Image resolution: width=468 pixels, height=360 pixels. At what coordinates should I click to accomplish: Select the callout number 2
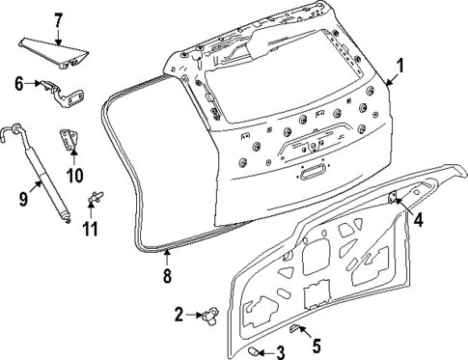tap(179, 313)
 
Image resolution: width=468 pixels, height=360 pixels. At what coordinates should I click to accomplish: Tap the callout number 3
tap(280, 352)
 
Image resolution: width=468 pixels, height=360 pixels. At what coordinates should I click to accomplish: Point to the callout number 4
tap(419, 219)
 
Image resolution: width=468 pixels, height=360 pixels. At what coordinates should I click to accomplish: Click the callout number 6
tap(18, 84)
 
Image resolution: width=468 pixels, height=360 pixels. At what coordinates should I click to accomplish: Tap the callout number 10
tap(69, 175)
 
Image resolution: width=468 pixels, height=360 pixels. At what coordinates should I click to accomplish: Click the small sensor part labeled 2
tap(209, 314)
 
